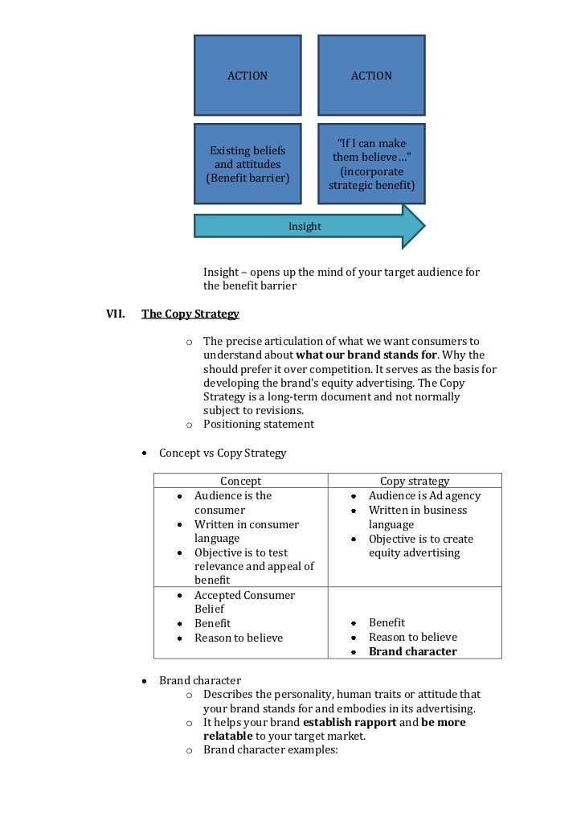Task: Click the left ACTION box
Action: [247, 76]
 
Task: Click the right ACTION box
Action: [371, 76]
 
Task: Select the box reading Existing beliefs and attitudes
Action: [247, 164]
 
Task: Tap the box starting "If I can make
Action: [371, 164]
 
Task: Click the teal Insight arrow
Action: [305, 227]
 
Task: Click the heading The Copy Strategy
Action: [190, 314]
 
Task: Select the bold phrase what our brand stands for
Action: [366, 355]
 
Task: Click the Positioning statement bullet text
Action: [259, 424]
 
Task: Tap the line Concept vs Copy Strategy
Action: [223, 453]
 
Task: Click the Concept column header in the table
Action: [240, 481]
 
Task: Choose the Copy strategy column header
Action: [414, 481]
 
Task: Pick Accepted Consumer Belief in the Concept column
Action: [244, 602]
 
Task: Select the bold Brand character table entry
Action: [412, 651]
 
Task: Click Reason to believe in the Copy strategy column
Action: [412, 637]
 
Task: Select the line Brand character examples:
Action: [271, 749]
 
